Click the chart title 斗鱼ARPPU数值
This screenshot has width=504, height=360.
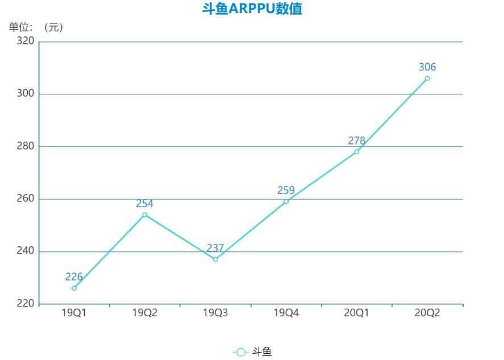coord(252,10)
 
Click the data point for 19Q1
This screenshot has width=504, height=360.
coord(74,288)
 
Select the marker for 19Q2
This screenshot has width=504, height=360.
coord(145,214)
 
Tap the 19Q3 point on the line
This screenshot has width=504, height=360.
coord(215,259)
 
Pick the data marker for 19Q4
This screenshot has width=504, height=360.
coord(286,201)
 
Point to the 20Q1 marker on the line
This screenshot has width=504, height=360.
coord(357,151)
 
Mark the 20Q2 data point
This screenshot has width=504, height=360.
coord(427,78)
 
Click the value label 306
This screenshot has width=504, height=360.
coord(427,67)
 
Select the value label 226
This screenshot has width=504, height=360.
coord(74,277)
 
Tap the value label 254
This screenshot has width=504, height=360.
coord(145,203)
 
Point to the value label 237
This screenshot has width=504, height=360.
coord(215,248)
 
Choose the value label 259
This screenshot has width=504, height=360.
coord(286,190)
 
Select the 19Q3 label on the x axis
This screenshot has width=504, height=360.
coord(215,313)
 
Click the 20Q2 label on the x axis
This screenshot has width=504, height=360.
coord(427,313)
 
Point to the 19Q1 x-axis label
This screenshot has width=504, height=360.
coord(74,313)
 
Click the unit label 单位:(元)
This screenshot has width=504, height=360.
coord(35,27)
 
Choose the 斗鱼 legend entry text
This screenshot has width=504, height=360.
coord(262,352)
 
